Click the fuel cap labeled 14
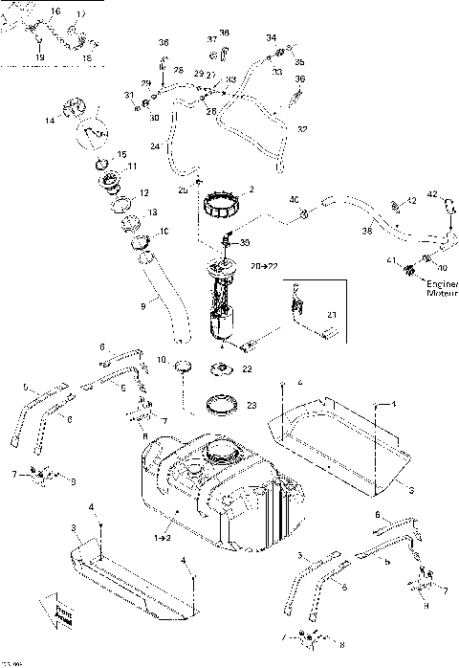coord(80,117)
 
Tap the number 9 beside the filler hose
coord(142,306)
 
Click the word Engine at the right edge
coord(442,284)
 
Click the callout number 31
coord(127,95)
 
